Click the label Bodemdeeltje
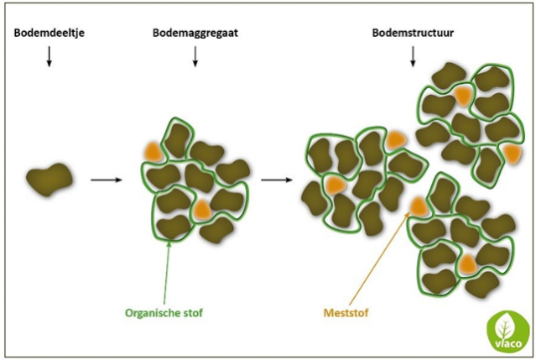tap(49, 33)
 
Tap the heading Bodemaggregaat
tap(195, 33)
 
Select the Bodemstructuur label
tap(413, 33)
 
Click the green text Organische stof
tap(164, 313)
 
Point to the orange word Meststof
tap(346, 313)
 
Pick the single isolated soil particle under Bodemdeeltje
tap(50, 179)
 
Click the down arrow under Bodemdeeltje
tap(49, 56)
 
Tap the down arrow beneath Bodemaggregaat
tap(195, 56)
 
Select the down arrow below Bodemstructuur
tap(413, 56)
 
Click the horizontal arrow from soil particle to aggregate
tap(106, 179)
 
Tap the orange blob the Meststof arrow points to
tap(418, 207)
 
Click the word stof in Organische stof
tap(192, 313)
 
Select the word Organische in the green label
tap(151, 313)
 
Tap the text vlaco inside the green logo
tap(508, 343)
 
